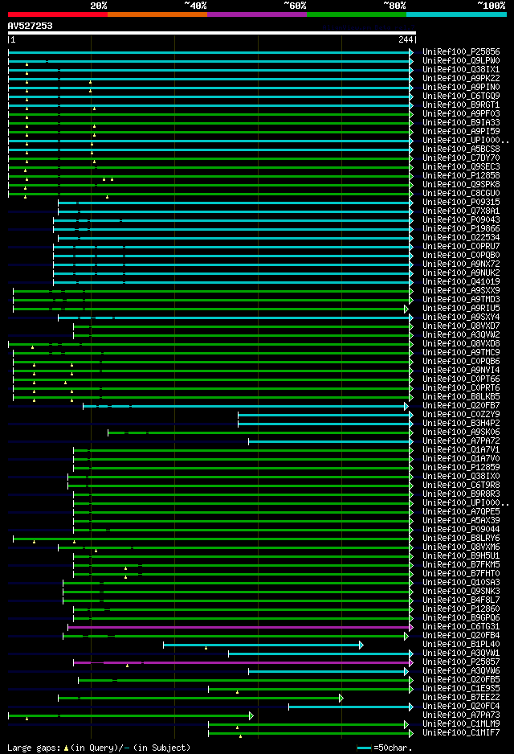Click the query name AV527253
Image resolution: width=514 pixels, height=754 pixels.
pyautogui.click(x=31, y=26)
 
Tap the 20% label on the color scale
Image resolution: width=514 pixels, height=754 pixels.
pyautogui.click(x=99, y=5)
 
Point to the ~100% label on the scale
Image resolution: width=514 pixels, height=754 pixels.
pyautogui.click(x=491, y=5)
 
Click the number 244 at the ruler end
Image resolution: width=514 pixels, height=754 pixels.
pyautogui.click(x=406, y=39)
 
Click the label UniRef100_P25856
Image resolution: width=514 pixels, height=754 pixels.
pyautogui.click(x=461, y=52)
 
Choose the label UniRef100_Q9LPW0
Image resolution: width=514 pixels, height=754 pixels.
pyautogui.click(x=461, y=61)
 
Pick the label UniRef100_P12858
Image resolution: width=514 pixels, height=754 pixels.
pyautogui.click(x=461, y=175)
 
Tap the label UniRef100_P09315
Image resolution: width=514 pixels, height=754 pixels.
pyautogui.click(x=461, y=202)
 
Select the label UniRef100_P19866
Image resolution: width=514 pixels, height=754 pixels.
pyautogui.click(x=461, y=228)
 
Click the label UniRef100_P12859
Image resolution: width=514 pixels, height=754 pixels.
pyautogui.click(x=461, y=467)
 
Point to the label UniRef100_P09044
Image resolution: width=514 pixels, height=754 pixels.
pyautogui.click(x=461, y=529)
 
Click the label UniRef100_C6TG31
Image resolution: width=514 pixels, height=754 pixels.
pyautogui.click(x=461, y=626)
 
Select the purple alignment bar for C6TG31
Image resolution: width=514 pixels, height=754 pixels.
pyautogui.click(x=241, y=626)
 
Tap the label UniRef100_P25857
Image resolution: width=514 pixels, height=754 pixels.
pyautogui.click(x=461, y=662)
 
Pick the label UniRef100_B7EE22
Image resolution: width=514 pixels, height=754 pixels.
pyautogui.click(x=461, y=697)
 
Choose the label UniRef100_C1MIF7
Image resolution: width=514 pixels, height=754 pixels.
pyautogui.click(x=461, y=732)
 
